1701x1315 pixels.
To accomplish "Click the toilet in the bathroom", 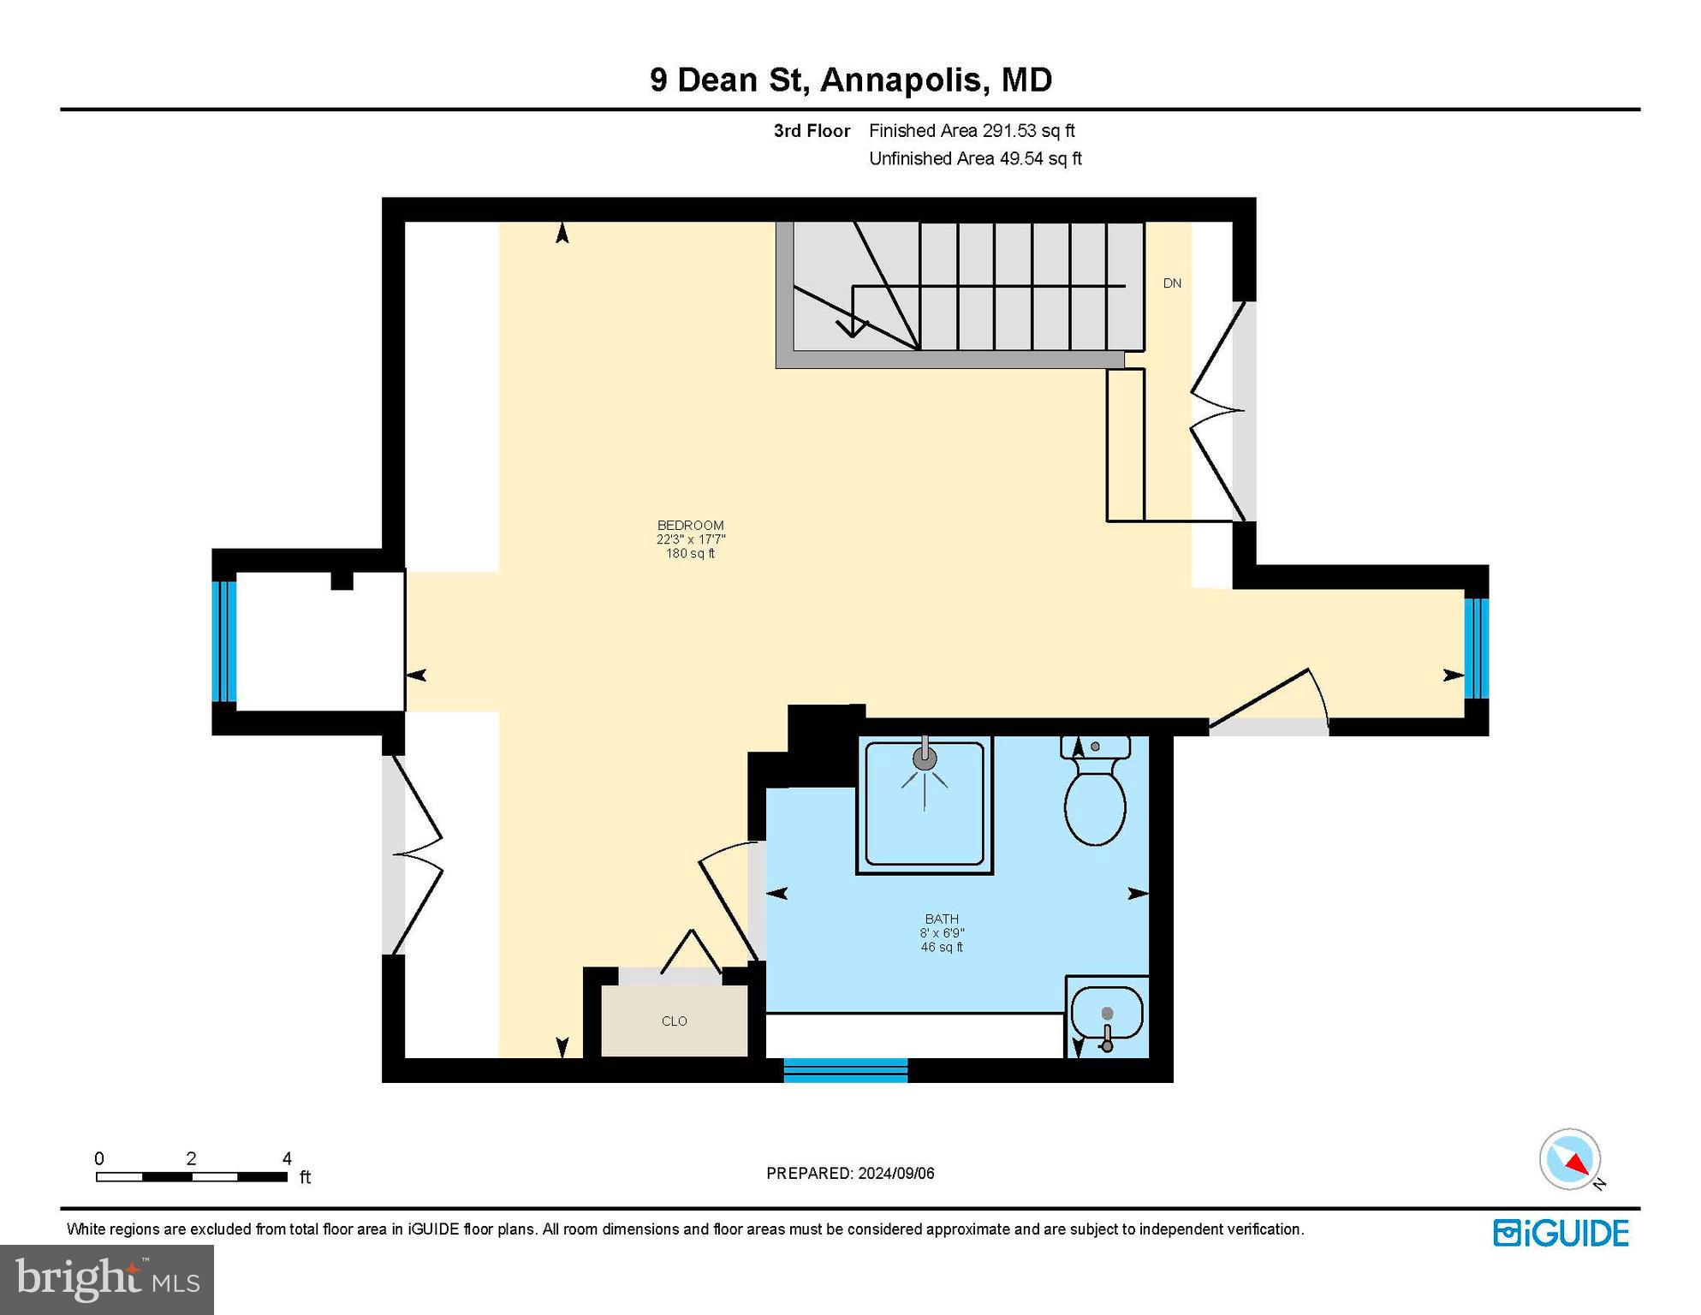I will tap(1094, 800).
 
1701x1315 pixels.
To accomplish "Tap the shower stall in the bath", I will tap(925, 804).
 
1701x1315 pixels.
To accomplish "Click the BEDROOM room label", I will tap(690, 526).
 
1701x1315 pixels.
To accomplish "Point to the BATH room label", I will tap(942, 919).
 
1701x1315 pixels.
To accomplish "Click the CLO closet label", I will tap(675, 1020).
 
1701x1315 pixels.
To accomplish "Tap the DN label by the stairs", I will tap(1172, 283).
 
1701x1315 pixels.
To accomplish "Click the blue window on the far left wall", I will tap(224, 641).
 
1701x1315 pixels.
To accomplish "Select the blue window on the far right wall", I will tap(1476, 648).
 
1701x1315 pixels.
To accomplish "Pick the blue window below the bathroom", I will tap(845, 1070).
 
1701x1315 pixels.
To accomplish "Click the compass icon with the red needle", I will tap(1570, 1159).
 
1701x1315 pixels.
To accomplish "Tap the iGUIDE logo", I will tap(1561, 1233).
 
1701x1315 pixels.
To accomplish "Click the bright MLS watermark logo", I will tap(107, 1279).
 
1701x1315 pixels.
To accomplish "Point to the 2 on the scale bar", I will tap(191, 1158).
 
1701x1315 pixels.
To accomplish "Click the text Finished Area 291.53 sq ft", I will tap(972, 131).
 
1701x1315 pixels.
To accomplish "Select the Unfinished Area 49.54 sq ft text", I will tap(975, 158).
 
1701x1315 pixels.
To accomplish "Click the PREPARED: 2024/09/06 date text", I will tap(850, 1173).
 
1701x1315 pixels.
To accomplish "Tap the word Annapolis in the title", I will tap(901, 80).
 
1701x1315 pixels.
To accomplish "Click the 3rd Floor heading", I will tap(812, 131).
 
